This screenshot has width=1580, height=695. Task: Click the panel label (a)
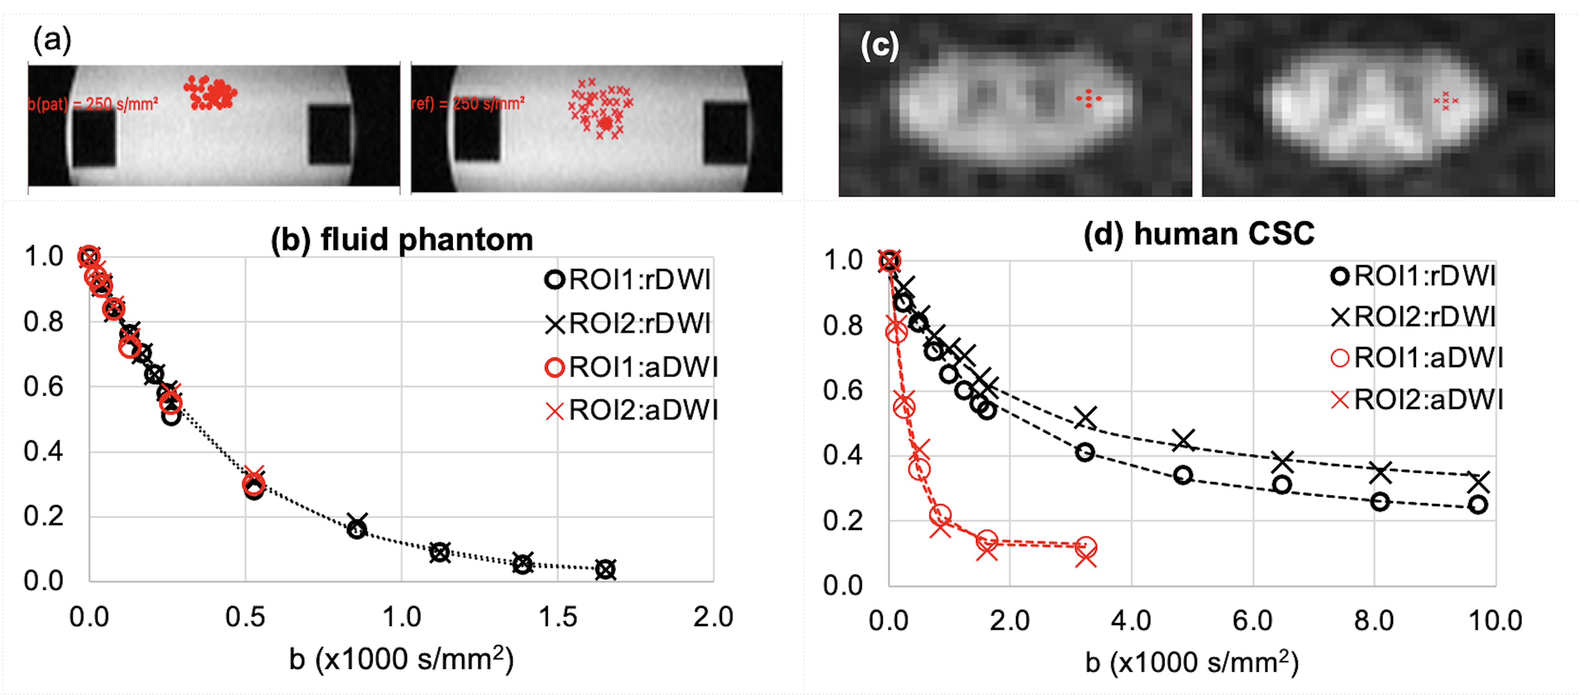(52, 41)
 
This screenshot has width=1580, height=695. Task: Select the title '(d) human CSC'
(1198, 233)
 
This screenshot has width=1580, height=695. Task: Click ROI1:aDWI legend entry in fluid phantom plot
(632, 367)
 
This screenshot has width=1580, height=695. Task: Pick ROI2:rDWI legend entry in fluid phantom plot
(629, 323)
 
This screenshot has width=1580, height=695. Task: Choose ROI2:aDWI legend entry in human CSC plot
(1417, 400)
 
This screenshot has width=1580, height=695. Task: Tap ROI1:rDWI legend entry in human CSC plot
(1414, 276)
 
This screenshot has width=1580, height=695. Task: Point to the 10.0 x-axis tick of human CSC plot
(1495, 621)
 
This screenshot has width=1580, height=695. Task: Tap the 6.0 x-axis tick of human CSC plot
(1252, 621)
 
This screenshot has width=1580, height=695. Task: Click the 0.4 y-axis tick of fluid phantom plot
(43, 451)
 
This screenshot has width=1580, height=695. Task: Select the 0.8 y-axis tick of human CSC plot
(843, 326)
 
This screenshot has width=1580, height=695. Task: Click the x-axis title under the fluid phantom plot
(402, 659)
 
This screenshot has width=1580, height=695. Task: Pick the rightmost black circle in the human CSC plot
(1478, 505)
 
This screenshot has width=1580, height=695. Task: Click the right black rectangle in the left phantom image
(329, 134)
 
